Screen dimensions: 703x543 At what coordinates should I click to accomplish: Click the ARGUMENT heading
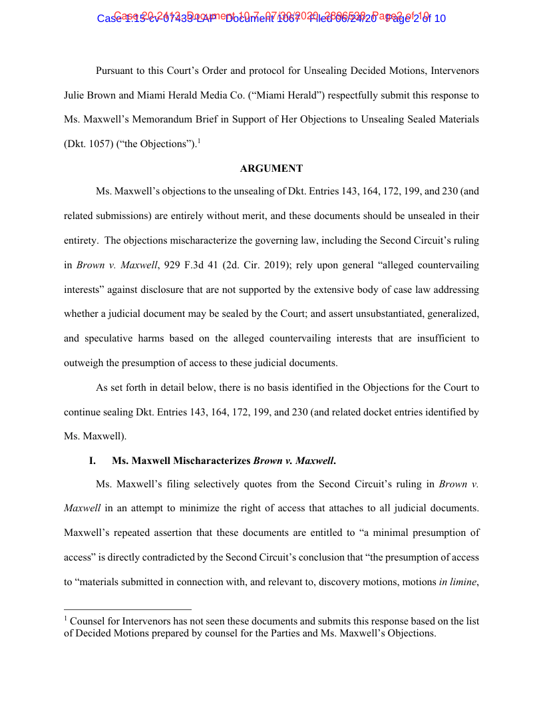click(271, 168)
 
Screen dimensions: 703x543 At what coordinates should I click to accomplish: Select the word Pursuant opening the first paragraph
click(116, 71)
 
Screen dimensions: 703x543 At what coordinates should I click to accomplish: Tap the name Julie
click(76, 95)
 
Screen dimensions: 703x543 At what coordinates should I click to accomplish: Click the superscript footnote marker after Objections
click(199, 140)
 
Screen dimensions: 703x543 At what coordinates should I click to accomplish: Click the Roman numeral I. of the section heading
click(93, 461)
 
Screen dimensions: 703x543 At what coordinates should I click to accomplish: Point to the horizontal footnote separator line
click(128, 608)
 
